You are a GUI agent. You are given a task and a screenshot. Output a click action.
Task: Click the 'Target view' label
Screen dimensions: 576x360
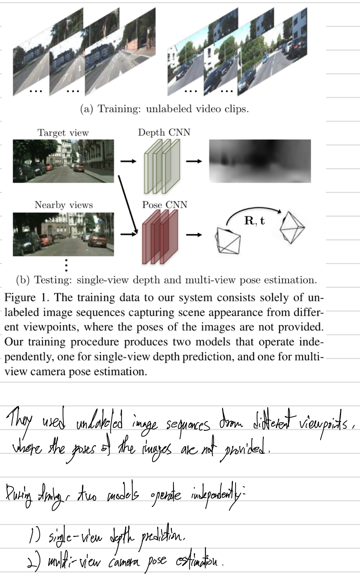point(63,133)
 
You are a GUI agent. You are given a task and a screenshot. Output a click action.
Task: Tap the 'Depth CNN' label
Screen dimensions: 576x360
point(164,132)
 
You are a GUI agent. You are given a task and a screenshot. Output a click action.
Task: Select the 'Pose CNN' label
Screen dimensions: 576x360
point(165,205)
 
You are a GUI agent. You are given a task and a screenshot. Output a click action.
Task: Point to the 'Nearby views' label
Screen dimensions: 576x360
point(64,205)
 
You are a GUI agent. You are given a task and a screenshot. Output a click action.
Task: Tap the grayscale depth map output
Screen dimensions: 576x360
point(260,161)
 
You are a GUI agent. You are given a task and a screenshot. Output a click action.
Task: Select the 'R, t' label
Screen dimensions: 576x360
point(255,221)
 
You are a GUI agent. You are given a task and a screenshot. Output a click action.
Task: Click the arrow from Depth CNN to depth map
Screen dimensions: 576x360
point(194,161)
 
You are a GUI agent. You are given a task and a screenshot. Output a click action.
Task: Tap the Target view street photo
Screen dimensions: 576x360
point(63,161)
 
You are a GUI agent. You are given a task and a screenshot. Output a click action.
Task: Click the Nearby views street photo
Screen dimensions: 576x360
point(63,234)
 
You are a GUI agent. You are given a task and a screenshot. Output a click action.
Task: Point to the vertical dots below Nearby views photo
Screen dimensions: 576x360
point(66,265)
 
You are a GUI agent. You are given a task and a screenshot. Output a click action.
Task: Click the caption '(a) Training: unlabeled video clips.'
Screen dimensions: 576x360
point(164,109)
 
